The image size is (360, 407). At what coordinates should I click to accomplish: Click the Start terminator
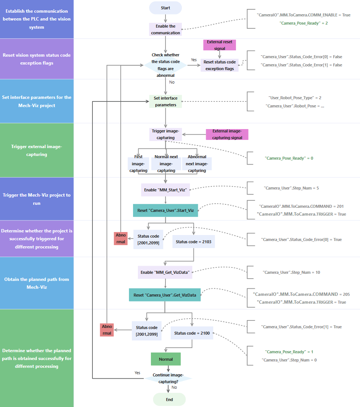(x=165, y=8)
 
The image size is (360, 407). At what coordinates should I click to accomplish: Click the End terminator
(x=169, y=399)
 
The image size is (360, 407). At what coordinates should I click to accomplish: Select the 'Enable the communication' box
(x=165, y=29)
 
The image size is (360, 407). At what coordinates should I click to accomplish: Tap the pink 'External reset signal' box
(x=220, y=45)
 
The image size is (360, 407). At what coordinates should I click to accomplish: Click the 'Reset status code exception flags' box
(x=220, y=65)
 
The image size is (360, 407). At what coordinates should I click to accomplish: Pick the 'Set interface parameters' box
(x=165, y=101)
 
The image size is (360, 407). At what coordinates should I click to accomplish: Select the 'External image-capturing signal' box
(x=227, y=134)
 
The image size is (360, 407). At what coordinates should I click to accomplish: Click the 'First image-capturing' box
(x=138, y=164)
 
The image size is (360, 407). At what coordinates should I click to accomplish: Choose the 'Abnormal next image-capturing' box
(x=197, y=164)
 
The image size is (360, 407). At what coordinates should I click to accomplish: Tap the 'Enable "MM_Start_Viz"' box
(x=165, y=190)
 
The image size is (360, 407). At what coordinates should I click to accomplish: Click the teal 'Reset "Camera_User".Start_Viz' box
(x=165, y=210)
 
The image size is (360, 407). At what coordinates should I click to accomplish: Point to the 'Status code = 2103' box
(x=193, y=242)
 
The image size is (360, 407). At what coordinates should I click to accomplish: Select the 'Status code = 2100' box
(x=192, y=333)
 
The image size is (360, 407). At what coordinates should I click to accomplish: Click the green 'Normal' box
(x=165, y=359)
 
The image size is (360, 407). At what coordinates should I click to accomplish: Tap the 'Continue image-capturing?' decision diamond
(x=168, y=378)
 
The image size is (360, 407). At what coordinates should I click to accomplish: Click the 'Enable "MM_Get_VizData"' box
(x=165, y=272)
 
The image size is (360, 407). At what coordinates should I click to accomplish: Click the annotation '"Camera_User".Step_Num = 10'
(x=291, y=272)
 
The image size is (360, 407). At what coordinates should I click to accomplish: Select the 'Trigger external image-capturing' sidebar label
(x=37, y=150)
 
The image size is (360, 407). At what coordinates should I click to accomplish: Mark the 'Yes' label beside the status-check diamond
(x=194, y=60)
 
